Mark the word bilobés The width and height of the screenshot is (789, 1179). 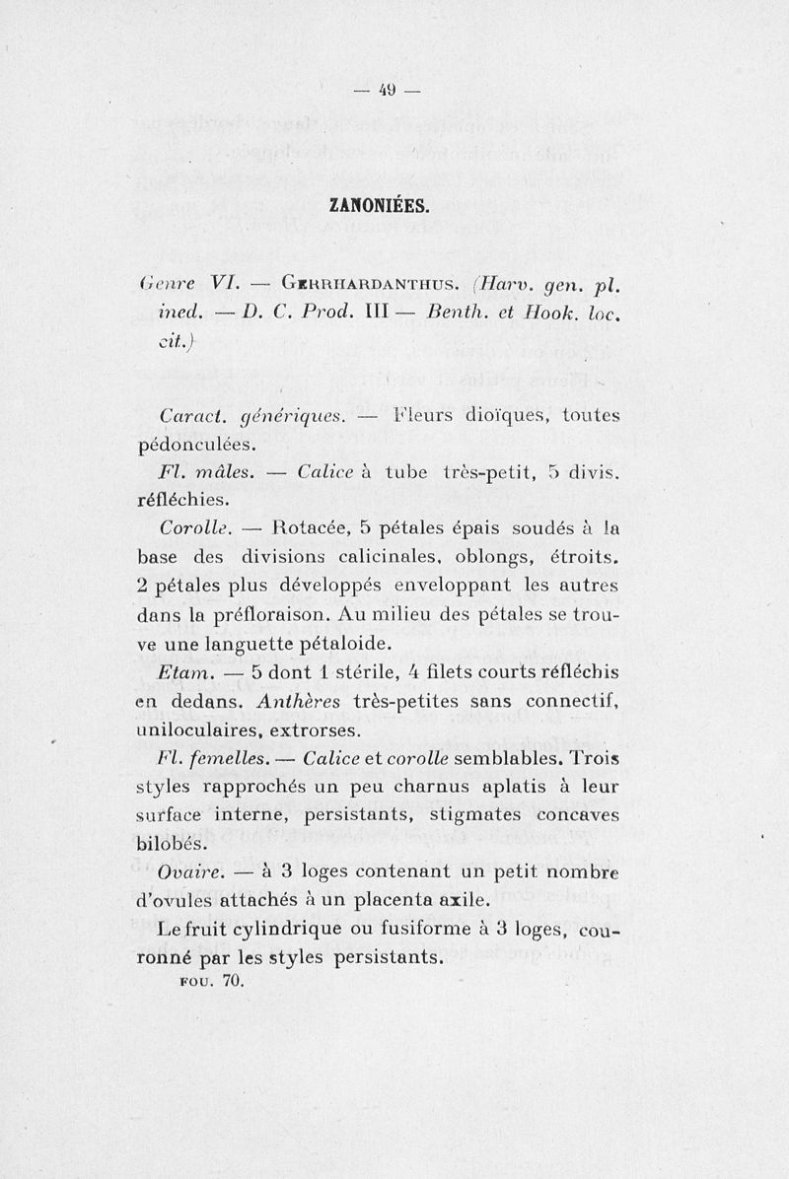172,844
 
